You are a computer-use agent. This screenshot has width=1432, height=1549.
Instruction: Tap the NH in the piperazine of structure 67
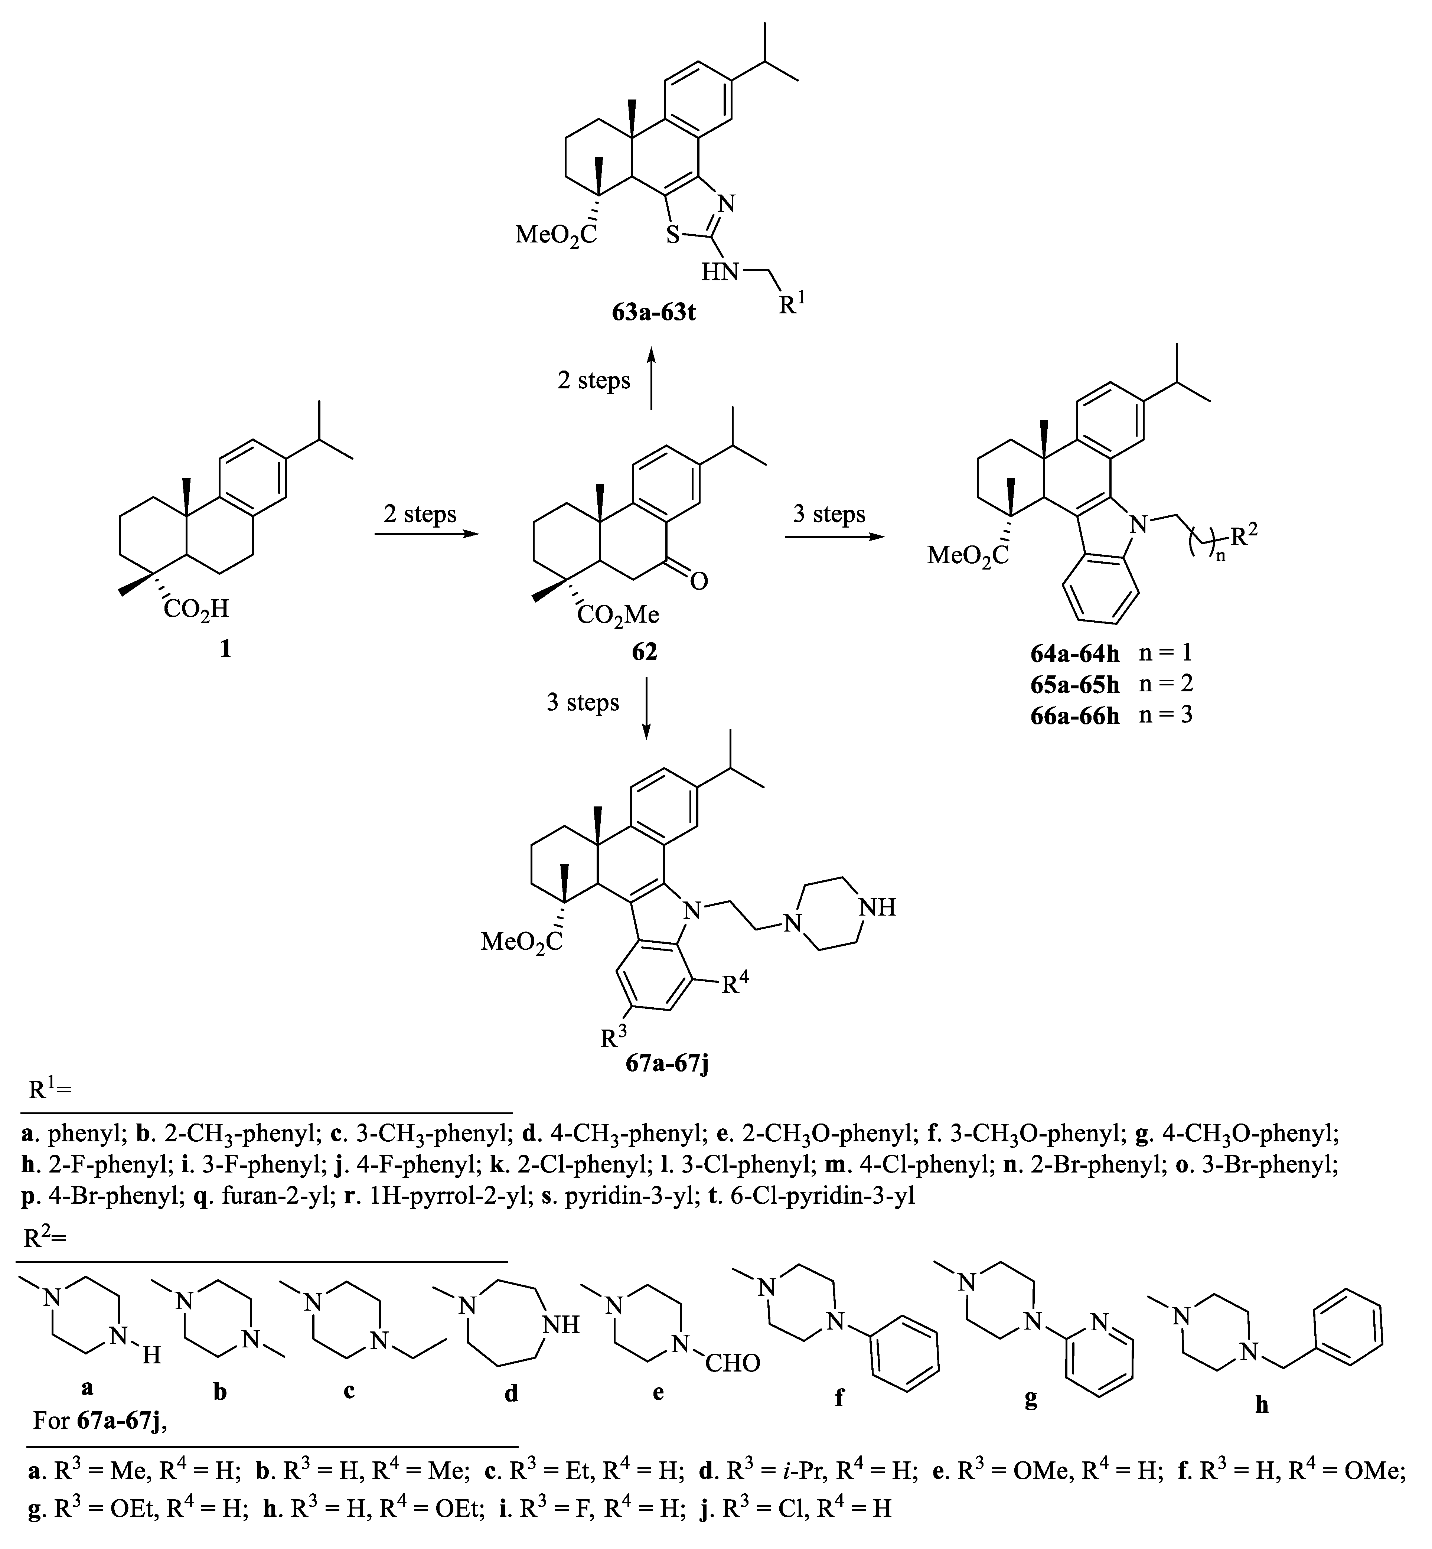[878, 907]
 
